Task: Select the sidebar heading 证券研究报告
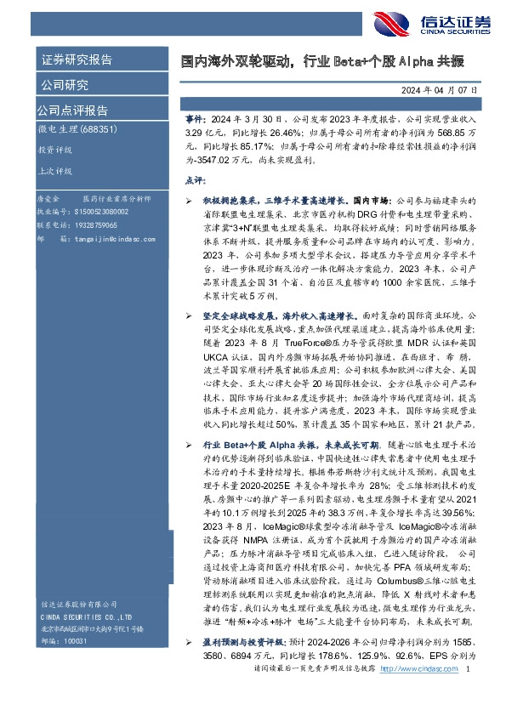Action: tap(77, 60)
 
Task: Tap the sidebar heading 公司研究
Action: tap(65, 85)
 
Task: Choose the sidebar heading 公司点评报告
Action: tap(72, 111)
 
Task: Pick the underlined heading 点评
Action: tap(195, 180)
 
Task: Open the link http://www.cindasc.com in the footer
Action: tap(417, 695)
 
